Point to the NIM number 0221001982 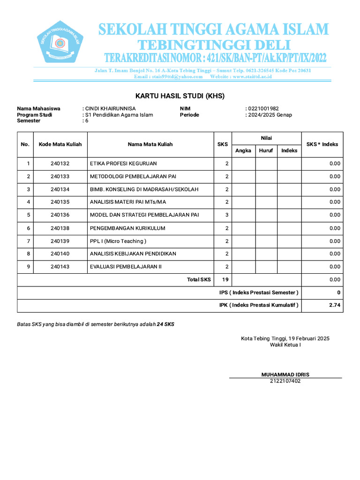[263, 108]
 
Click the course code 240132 [60, 164]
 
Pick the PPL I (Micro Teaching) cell [118, 241]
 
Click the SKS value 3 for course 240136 [226, 215]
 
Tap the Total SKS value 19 [225, 279]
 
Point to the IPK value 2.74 [335, 305]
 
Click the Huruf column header [266, 150]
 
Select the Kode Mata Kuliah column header [60, 144]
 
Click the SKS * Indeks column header [322, 144]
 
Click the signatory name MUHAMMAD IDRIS [285, 375]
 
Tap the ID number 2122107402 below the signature [285, 381]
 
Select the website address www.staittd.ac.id [252, 76]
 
